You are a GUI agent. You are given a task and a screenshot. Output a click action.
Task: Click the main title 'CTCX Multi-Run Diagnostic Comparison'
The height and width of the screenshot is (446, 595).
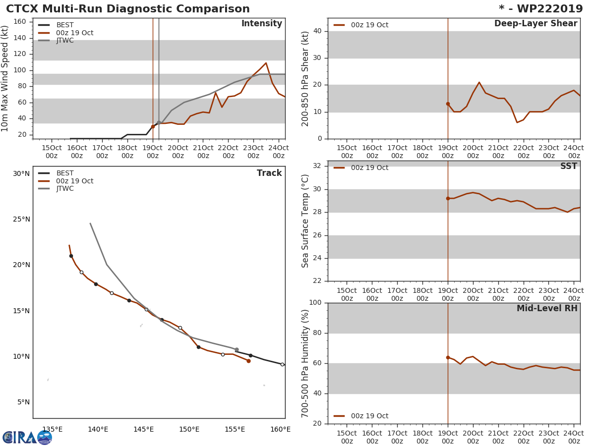pos(128,9)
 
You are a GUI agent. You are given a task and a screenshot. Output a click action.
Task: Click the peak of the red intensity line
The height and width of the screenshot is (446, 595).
pos(266,63)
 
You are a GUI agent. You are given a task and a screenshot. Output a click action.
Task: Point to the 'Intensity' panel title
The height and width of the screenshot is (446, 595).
pos(261,24)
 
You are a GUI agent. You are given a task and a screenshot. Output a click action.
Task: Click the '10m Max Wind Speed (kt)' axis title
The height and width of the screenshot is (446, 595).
pos(5,78)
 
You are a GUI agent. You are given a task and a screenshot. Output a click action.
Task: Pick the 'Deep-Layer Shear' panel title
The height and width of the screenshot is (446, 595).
pos(535,24)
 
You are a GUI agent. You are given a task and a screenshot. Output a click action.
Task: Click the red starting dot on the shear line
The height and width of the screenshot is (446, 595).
pos(448,104)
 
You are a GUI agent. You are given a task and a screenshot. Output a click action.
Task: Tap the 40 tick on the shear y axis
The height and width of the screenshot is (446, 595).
pos(318,31)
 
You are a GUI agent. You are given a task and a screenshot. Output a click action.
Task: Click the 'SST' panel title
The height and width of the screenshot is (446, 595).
pos(568,167)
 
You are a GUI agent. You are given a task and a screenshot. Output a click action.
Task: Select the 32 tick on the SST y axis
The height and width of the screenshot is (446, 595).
pos(318,166)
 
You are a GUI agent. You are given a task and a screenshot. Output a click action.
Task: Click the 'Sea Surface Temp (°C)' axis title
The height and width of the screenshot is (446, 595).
pos(305,221)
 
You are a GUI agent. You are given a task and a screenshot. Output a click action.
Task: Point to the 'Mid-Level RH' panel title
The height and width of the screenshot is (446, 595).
pos(547,309)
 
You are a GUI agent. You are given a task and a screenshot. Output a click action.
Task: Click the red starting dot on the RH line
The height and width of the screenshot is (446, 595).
pos(448,357)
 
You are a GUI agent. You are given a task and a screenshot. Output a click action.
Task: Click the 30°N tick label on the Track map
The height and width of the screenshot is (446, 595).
pos(21,174)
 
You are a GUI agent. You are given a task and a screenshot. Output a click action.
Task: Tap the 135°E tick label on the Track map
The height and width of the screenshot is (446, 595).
pos(52,430)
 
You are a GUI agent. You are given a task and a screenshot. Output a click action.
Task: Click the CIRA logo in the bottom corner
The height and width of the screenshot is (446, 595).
pos(27,437)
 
